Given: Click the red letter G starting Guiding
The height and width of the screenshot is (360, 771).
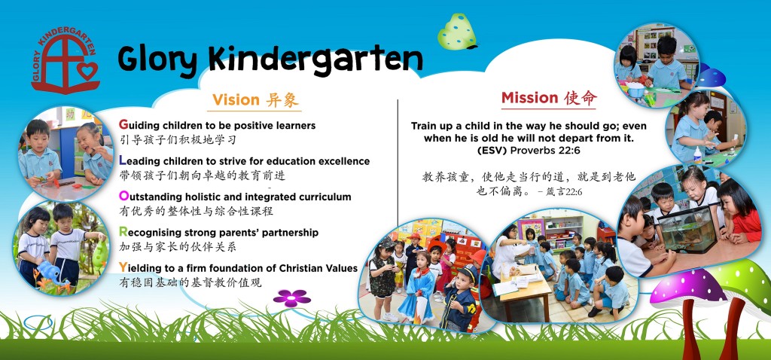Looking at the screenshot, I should [x=123, y=125].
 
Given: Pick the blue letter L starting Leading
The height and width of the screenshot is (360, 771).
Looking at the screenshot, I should [x=123, y=160].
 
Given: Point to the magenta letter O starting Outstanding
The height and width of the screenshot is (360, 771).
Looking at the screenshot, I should [x=123, y=197].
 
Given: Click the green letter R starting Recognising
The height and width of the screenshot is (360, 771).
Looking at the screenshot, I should [x=123, y=232].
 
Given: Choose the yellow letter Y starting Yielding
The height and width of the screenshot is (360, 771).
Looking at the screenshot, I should [x=123, y=267].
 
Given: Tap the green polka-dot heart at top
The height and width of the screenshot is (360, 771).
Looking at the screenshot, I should [x=456, y=32].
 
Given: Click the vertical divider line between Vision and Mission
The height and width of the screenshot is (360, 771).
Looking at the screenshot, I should [x=398, y=158].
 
